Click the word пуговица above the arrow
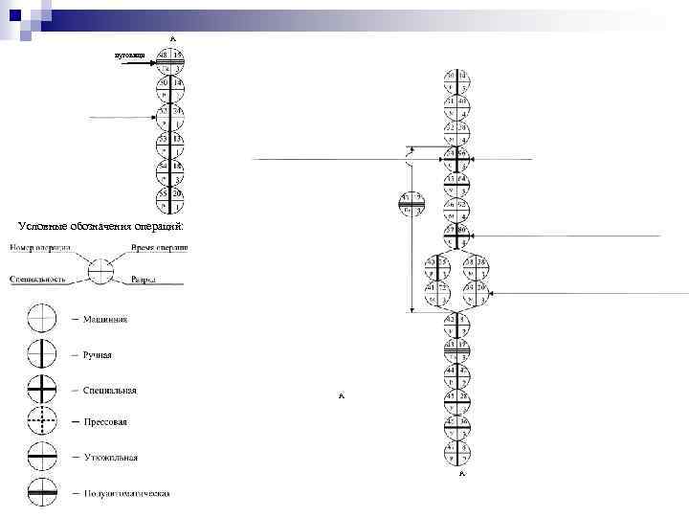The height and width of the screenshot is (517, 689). pyautogui.click(x=129, y=57)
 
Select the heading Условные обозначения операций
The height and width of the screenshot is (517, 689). pyautogui.click(x=100, y=225)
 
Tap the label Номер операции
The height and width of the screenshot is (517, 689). pyautogui.click(x=41, y=248)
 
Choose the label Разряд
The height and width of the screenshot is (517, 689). pyautogui.click(x=144, y=281)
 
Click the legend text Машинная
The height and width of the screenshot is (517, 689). pyautogui.click(x=104, y=319)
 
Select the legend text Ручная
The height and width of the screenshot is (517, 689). pyautogui.click(x=98, y=354)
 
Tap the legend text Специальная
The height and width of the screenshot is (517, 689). pyautogui.click(x=109, y=391)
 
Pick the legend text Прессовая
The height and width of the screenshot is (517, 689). pyautogui.click(x=105, y=421)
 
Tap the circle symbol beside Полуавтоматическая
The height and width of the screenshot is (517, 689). pyautogui.click(x=44, y=494)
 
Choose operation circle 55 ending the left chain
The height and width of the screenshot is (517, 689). pyautogui.click(x=171, y=201)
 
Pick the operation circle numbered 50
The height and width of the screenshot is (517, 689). pyautogui.click(x=171, y=90)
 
